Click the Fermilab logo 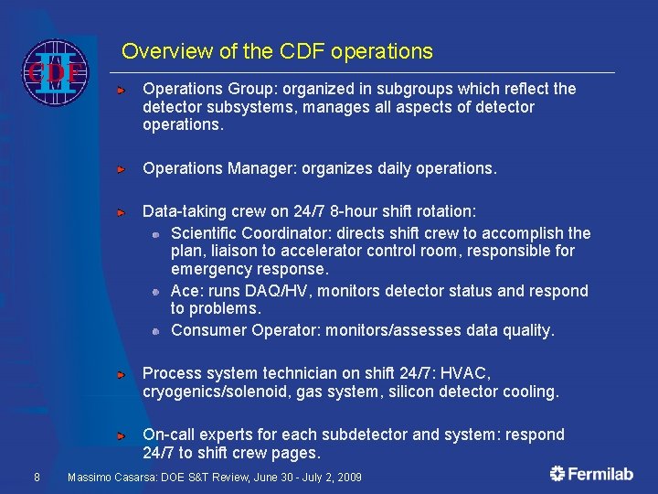[592, 474]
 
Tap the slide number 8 [36, 477]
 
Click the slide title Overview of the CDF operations [277, 51]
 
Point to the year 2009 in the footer [348, 478]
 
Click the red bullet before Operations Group [121, 91]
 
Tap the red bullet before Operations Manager [121, 170]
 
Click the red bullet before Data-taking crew [121, 212]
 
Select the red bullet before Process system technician [121, 375]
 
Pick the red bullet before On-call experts [121, 435]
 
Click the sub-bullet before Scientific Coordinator [156, 234]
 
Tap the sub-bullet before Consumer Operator [156, 331]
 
